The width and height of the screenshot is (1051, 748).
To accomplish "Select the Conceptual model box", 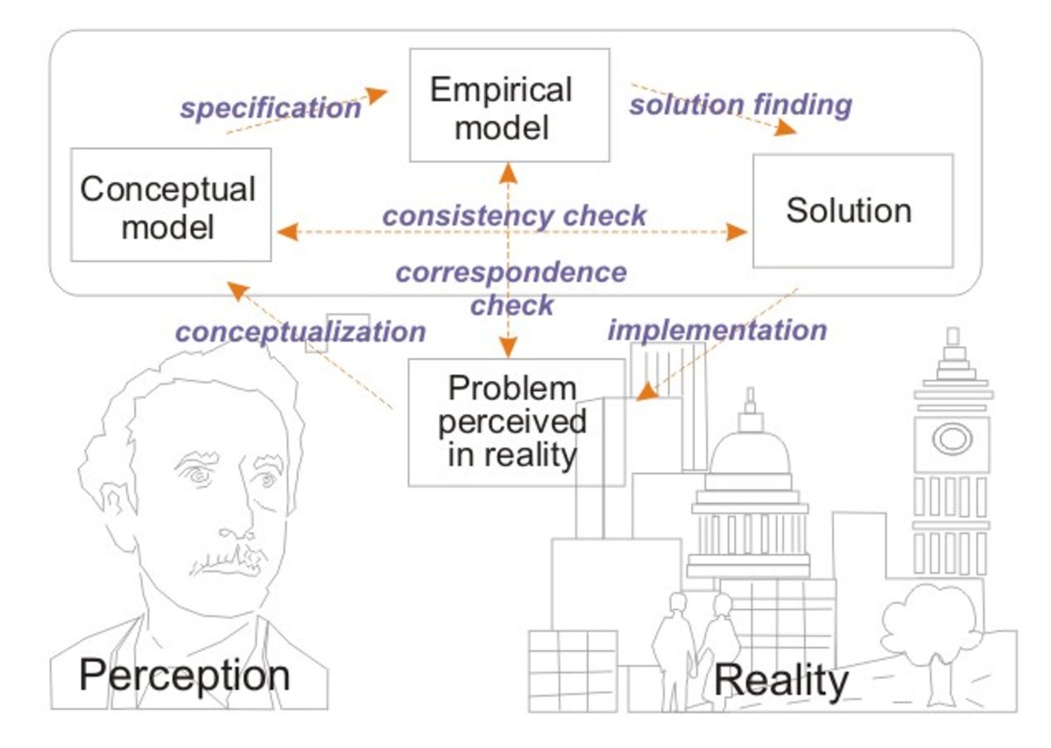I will [x=170, y=205].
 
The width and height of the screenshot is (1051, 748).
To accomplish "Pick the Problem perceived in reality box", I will [x=514, y=422].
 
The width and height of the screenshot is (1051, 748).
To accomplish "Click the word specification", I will [x=271, y=109].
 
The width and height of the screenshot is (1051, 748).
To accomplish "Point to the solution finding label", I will [x=741, y=105].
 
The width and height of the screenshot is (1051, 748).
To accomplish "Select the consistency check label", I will [x=515, y=215].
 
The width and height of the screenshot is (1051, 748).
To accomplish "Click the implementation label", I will [x=717, y=330].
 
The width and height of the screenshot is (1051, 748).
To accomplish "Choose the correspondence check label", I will [x=511, y=288].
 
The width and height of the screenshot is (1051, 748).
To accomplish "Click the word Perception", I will [x=185, y=675].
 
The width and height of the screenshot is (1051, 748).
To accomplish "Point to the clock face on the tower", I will [x=952, y=439].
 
